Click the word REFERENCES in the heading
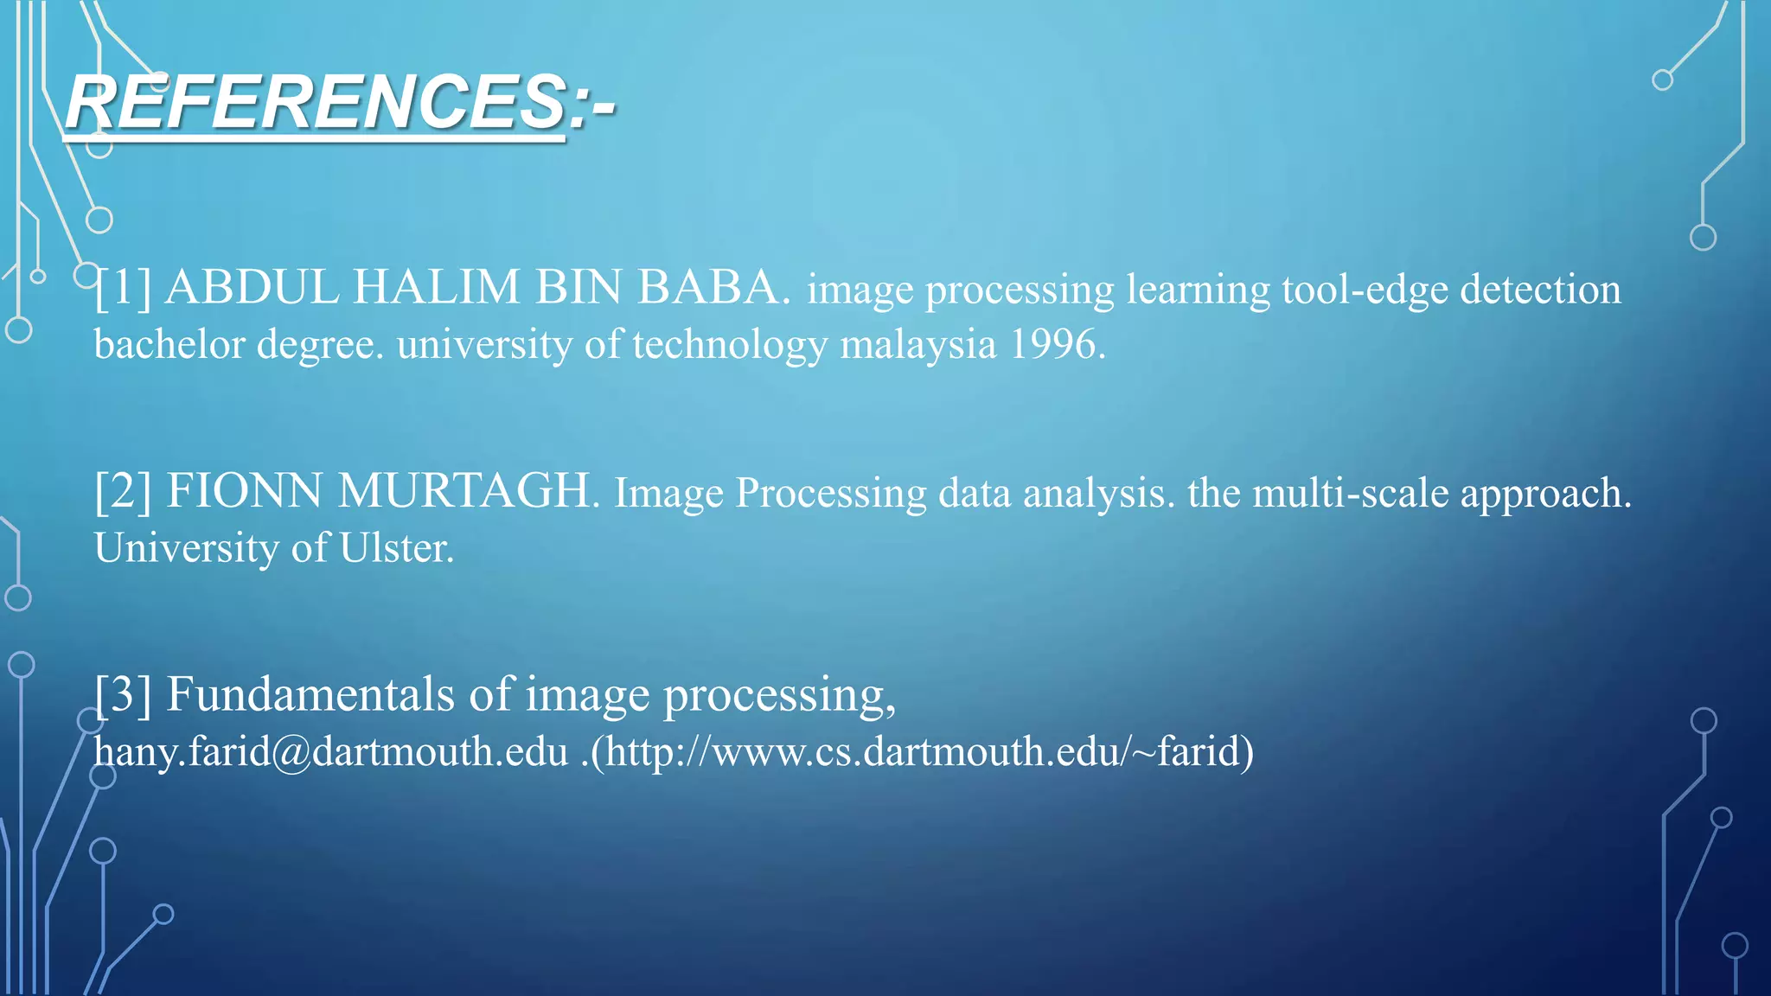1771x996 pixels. point(316,103)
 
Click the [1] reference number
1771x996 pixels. point(122,287)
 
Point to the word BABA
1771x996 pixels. point(713,287)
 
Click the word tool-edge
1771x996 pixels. point(1364,290)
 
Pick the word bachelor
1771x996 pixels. point(169,345)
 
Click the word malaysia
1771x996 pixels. point(917,345)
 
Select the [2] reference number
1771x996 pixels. point(122,491)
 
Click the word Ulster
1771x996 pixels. point(396,548)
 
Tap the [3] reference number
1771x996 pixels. point(122,694)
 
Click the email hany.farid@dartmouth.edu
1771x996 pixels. point(330,751)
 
